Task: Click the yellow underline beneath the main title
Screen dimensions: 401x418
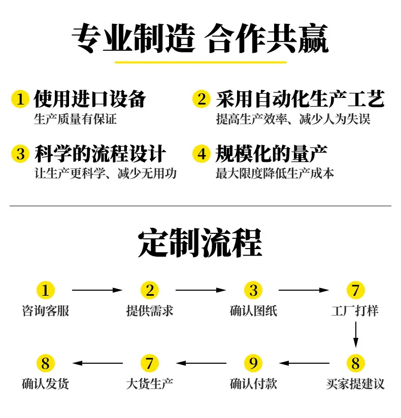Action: coord(201,62)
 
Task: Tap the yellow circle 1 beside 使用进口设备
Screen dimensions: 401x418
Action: coord(20,99)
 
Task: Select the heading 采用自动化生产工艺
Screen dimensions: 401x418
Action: coord(300,99)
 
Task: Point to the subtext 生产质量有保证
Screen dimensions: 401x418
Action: coord(75,119)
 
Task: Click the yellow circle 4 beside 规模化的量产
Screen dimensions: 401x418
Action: coord(202,154)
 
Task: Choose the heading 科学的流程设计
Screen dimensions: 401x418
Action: coord(101,154)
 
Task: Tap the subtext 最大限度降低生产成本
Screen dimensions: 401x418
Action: coord(275,173)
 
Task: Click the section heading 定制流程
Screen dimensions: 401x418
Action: coord(200,242)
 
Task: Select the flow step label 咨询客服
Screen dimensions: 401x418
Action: coord(46,311)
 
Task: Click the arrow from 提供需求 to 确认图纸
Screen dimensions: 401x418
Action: coord(201,290)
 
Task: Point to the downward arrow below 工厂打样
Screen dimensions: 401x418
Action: coord(356,334)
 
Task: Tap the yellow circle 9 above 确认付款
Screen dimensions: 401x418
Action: coord(253,363)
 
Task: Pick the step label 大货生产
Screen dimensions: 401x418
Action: coord(150,384)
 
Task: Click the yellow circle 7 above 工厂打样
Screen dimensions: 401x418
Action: coord(356,290)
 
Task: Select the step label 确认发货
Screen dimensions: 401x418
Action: coord(45,384)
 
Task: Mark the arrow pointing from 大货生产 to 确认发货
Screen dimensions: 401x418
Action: coord(97,363)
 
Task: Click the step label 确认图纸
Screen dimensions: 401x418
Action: coord(253,311)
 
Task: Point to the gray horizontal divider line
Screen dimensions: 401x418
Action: coord(201,206)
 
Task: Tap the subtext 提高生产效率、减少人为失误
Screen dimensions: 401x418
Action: coord(293,119)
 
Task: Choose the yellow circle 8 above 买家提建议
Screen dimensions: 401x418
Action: coord(356,363)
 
